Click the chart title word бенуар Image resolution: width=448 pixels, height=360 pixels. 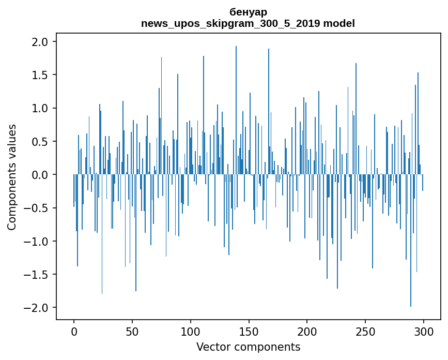[x=248, y=11]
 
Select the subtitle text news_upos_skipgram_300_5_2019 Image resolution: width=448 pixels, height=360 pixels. [x=229, y=23]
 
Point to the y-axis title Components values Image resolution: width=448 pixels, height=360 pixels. [x=12, y=177]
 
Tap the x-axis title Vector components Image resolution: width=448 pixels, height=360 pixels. [x=248, y=347]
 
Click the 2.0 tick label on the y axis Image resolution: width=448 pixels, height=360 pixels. [x=41, y=42]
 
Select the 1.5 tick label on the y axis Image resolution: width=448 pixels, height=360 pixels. [x=41, y=75]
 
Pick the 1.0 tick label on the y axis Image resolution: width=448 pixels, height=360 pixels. [x=41, y=109]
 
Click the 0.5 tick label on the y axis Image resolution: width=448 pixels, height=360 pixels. [x=41, y=142]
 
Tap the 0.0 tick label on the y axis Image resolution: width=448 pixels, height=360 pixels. [x=41, y=175]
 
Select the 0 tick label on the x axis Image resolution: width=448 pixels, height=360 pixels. [x=74, y=331]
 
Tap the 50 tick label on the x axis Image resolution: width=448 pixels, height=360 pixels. [x=132, y=331]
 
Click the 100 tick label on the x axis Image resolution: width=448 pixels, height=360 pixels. [x=191, y=331]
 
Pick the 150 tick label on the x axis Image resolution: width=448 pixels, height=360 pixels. [x=249, y=331]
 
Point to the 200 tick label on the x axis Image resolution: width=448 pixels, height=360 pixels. [x=307, y=331]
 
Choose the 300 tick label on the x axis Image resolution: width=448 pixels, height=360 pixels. [x=424, y=331]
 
